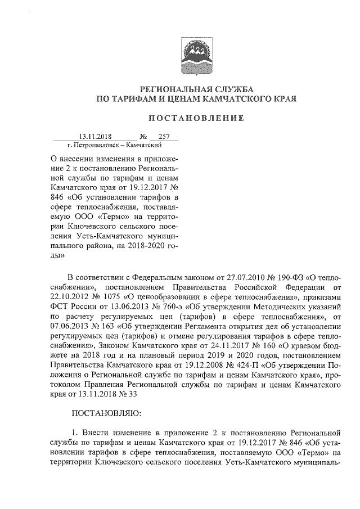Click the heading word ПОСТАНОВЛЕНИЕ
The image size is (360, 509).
point(195,118)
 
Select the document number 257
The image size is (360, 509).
point(164,136)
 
